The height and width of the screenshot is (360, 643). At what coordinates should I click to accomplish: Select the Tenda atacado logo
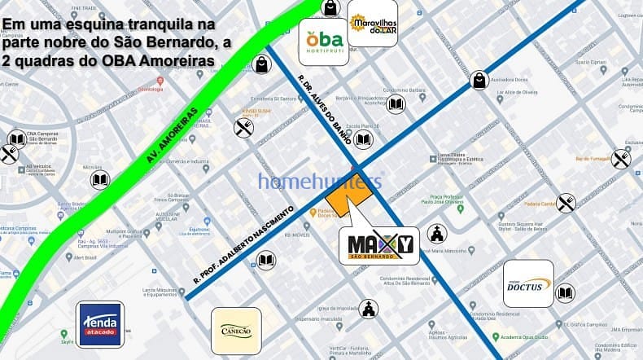pyautogui.click(x=100, y=323)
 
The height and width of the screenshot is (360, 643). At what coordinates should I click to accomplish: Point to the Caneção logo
pyautogui.click(x=236, y=331)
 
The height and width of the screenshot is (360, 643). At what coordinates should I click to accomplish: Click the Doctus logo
pyautogui.click(x=528, y=283)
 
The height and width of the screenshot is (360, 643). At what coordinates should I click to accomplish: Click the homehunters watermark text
pyautogui.click(x=319, y=180)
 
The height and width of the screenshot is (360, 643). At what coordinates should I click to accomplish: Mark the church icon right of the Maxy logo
pyautogui.click(x=437, y=235)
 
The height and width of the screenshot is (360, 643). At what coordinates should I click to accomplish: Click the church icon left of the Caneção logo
pyautogui.click(x=370, y=309)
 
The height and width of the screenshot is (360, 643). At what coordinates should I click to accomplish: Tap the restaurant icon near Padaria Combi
pyautogui.click(x=566, y=203)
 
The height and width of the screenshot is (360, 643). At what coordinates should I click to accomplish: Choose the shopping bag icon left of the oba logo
pyautogui.click(x=260, y=64)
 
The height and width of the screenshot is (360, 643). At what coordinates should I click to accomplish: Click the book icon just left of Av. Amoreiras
pyautogui.click(x=100, y=179)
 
